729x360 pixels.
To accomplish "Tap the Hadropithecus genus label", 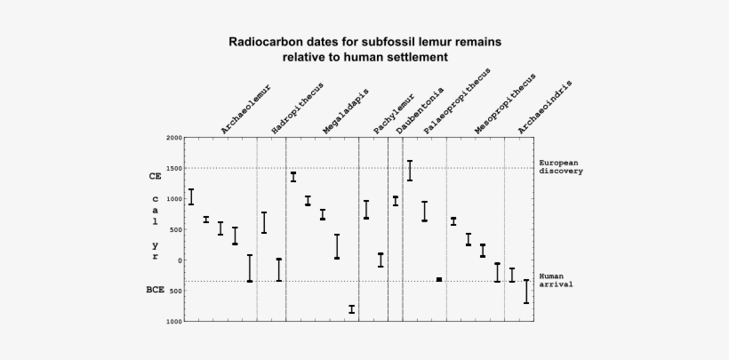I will pyautogui.click(x=297, y=108).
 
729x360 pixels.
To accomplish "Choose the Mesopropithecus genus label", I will pyautogui.click(x=505, y=105).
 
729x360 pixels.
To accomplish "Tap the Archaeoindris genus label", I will pyautogui.click(x=544, y=108).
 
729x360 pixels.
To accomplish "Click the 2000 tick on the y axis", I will pyautogui.click(x=174, y=139).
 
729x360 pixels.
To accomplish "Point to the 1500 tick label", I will pyautogui.click(x=174, y=168).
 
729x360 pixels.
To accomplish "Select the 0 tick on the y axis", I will pyautogui.click(x=179, y=260).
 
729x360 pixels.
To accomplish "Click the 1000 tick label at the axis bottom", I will pyautogui.click(x=174, y=321).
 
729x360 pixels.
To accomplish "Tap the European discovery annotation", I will pyautogui.click(x=560, y=167).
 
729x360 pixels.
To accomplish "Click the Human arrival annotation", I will pyautogui.click(x=556, y=280).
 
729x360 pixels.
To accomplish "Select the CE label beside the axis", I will pyautogui.click(x=155, y=177).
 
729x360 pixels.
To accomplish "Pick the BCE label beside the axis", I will pyautogui.click(x=155, y=290).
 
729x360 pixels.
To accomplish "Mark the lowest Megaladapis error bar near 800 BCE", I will pyautogui.click(x=351, y=309).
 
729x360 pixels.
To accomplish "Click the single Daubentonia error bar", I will pyautogui.click(x=396, y=201).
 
